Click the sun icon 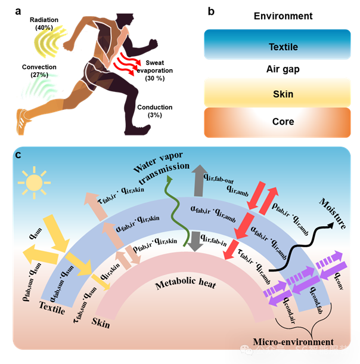point(34,182)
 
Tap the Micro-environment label point(293,342)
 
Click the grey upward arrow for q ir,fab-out point(197,179)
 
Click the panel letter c point(19,156)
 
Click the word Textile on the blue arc point(51,308)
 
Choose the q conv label point(336,277)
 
